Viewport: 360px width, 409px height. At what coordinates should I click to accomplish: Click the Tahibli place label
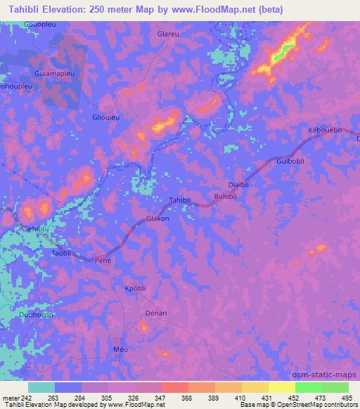(180, 201)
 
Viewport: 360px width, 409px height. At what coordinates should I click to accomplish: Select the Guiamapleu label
(53, 72)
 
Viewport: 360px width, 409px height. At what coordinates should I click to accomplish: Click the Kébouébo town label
(325, 131)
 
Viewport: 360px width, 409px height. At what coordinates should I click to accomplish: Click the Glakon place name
(157, 219)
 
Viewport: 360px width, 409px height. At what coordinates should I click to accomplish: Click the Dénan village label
(155, 313)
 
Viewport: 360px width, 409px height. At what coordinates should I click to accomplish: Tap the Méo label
(121, 349)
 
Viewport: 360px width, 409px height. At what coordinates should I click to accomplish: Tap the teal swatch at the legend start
(41, 387)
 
